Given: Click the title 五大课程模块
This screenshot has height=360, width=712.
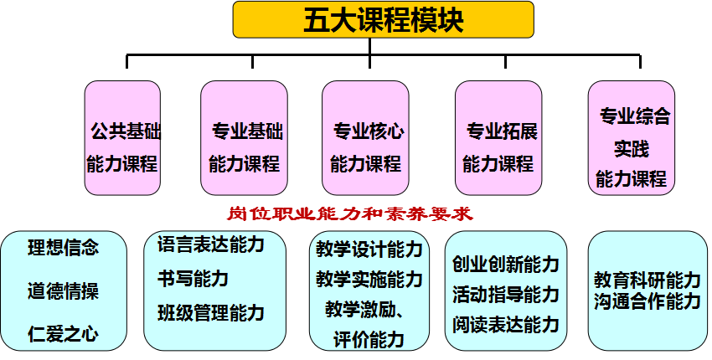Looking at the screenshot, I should pyautogui.click(x=383, y=19).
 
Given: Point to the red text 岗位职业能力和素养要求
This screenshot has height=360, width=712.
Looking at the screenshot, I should pyautogui.click(x=350, y=214).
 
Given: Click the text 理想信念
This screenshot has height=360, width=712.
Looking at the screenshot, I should pyautogui.click(x=63, y=248).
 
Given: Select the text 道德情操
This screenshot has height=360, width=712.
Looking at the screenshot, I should pyautogui.click(x=63, y=291).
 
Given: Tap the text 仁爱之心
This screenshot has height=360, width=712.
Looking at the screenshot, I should pyautogui.click(x=63, y=335).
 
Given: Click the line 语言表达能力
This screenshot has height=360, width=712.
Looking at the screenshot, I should pyautogui.click(x=210, y=244).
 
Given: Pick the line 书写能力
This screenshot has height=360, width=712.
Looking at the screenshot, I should pyautogui.click(x=193, y=279).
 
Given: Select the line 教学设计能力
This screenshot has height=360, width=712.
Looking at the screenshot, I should pyautogui.click(x=369, y=250).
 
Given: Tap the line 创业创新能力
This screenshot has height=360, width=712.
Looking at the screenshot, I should pyautogui.click(x=505, y=265).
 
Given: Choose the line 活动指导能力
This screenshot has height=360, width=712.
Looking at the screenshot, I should pyautogui.click(x=505, y=295).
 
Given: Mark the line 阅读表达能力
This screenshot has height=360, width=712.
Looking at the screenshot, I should pyautogui.click(x=505, y=324).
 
